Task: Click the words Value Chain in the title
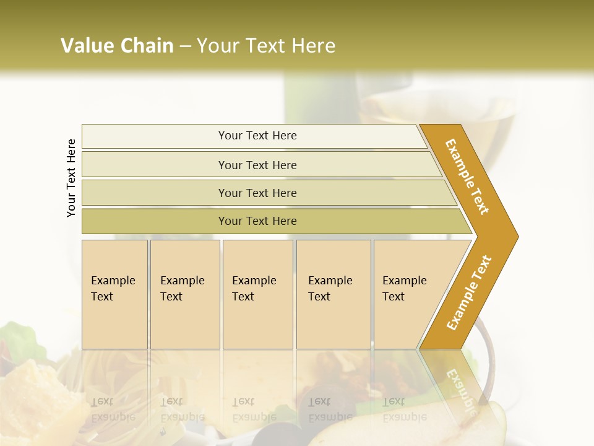[x=117, y=46]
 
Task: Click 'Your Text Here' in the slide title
[x=266, y=46]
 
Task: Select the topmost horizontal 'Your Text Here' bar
[x=257, y=136]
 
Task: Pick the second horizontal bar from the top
[x=257, y=165]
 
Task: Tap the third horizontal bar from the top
[x=257, y=193]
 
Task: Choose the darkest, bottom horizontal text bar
[x=257, y=221]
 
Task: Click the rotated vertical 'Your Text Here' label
[x=71, y=178]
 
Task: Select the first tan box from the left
[x=114, y=294]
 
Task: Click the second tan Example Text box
[x=185, y=294]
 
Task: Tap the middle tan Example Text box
[x=257, y=294]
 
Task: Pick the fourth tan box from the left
[x=334, y=294]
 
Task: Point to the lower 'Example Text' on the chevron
[x=469, y=292]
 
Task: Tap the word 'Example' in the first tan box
[x=113, y=281]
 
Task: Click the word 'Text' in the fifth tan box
[x=394, y=297]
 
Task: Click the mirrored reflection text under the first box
[x=113, y=409]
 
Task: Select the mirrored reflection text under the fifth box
[x=404, y=409]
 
